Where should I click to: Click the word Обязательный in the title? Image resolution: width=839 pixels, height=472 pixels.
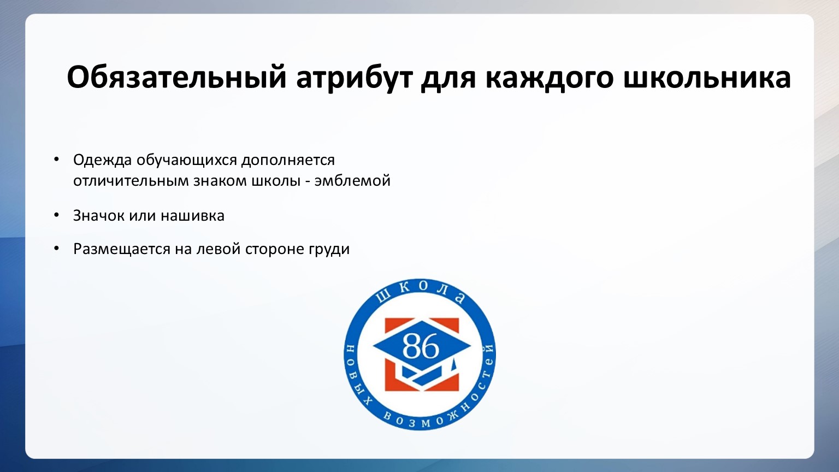coord(176,78)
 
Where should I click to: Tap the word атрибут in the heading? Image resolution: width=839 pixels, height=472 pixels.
coord(354,79)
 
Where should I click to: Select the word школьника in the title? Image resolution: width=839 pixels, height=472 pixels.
coord(707,77)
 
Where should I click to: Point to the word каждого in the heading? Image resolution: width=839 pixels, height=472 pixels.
coord(550,78)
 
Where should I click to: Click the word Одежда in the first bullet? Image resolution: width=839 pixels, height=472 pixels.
coord(102,160)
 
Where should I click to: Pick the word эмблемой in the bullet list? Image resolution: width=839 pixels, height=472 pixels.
coord(352,181)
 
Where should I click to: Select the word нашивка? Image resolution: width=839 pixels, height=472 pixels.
coord(192,215)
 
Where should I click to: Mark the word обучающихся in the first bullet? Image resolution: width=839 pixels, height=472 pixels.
coord(186,160)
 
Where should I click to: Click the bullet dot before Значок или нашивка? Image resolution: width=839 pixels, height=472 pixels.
coord(57,215)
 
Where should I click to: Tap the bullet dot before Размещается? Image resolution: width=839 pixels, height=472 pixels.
coord(57,249)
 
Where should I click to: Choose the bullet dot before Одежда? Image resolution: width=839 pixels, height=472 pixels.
coord(57,159)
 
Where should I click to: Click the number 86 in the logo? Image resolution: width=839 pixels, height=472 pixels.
coord(420,346)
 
